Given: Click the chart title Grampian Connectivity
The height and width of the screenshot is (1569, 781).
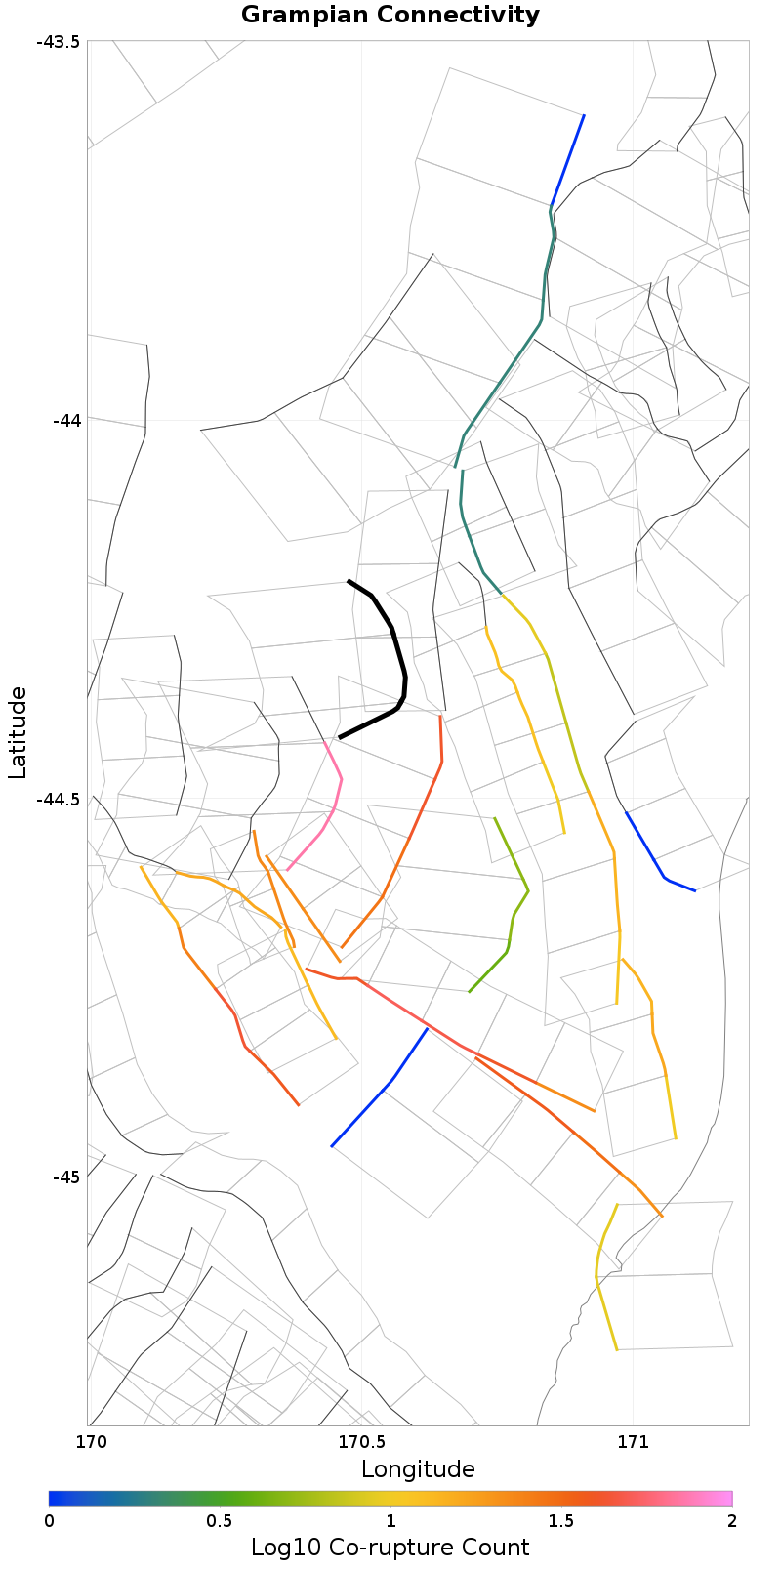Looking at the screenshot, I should tap(390, 15).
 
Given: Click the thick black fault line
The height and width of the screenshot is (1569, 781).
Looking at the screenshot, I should tap(394, 635).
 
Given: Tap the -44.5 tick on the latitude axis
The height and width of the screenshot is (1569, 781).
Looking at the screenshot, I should tap(60, 799).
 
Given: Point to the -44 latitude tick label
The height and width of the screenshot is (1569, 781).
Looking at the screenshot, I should tap(66, 421).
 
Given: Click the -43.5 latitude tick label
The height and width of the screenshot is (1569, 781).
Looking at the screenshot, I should tap(60, 42).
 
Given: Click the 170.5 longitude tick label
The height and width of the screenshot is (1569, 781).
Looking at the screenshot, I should tap(361, 1441).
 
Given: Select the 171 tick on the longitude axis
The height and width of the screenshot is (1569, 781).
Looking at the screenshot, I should tap(633, 1441).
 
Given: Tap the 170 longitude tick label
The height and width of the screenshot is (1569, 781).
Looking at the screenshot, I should tap(90, 1441).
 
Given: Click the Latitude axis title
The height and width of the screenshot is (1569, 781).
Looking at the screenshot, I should tap(18, 732).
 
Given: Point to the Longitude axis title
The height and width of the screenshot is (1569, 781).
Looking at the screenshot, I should tap(418, 1469).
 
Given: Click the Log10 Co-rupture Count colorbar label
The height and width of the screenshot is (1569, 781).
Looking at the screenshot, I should tap(390, 1548).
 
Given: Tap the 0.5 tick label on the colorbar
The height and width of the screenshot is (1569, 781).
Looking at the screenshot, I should tap(220, 1521).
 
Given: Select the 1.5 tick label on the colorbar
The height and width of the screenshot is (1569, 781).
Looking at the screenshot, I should tap(560, 1521).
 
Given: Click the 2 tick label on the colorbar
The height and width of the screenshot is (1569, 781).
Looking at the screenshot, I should tap(731, 1521).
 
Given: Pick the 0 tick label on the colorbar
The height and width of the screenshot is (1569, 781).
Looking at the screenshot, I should tap(50, 1521).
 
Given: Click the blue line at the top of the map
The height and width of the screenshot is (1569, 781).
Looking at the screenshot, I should tap(567, 161).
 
